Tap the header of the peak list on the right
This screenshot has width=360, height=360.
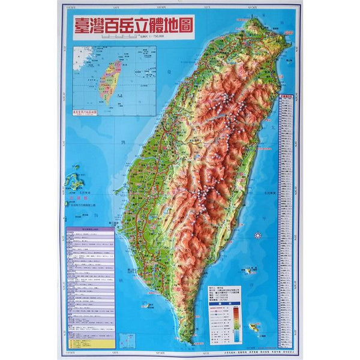(x=286, y=95)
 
